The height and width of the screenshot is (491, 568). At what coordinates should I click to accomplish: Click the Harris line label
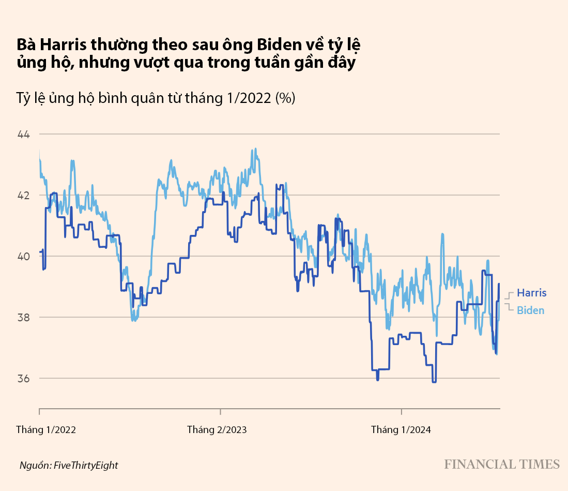(531, 293)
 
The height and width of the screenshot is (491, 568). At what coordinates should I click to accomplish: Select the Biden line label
(530, 310)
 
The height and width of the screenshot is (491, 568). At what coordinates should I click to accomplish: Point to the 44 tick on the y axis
(24, 135)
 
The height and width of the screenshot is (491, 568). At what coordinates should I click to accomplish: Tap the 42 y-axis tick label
(24, 196)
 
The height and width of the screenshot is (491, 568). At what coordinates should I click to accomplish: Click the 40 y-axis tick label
(24, 257)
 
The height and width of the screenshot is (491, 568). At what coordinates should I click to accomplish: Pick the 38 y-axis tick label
(24, 317)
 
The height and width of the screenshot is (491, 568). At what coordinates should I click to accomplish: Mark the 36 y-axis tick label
(24, 378)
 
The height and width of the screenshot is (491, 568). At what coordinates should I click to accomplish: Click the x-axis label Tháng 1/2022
(46, 429)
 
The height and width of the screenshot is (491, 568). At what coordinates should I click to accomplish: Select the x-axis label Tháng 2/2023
(217, 429)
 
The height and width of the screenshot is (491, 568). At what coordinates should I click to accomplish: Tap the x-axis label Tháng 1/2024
(401, 429)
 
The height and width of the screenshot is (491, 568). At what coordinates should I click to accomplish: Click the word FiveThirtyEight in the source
(86, 465)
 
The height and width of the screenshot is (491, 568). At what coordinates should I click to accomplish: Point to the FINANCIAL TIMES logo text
(502, 464)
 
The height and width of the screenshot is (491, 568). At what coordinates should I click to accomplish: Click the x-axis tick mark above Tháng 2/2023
(220, 412)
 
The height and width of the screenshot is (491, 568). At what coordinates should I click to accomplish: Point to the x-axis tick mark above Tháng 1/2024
(402, 412)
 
